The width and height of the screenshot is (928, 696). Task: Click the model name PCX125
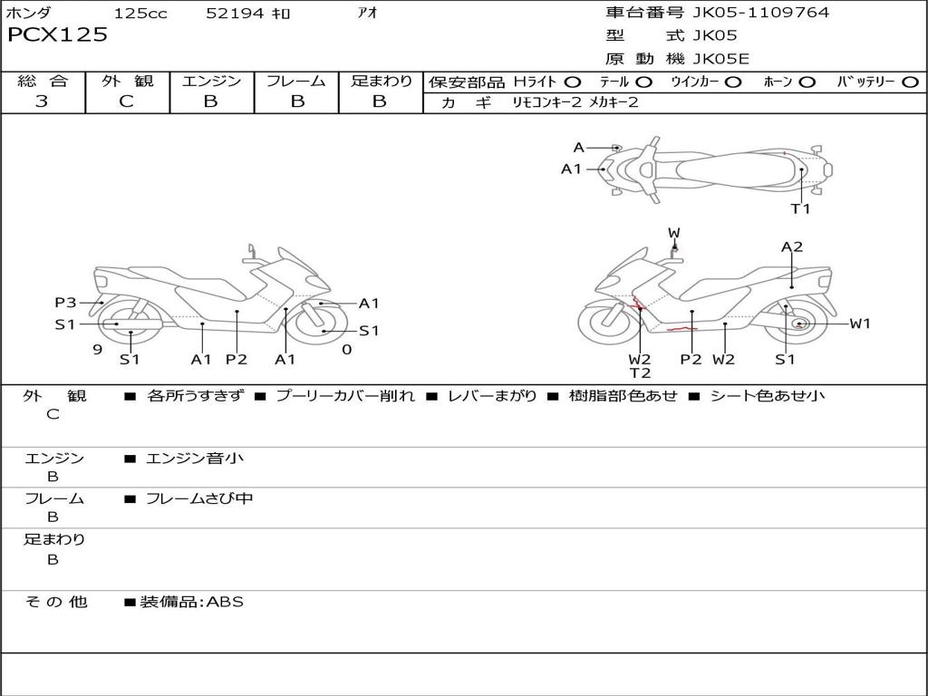(57, 35)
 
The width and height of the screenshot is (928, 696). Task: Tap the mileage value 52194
(235, 14)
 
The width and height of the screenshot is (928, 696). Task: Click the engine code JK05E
(721, 60)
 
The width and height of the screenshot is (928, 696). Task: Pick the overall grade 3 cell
(42, 101)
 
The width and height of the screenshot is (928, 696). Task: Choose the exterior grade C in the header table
(126, 101)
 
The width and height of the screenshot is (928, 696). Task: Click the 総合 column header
(43, 81)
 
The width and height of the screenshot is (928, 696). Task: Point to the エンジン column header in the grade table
(211, 81)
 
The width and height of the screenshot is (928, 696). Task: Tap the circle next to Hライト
(573, 82)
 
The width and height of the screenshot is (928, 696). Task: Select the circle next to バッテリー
(910, 82)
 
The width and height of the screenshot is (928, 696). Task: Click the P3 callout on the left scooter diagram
(64, 303)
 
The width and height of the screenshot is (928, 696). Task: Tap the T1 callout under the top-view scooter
(800, 208)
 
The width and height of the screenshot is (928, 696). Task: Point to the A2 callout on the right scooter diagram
(792, 246)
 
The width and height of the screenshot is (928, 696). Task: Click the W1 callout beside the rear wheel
(859, 324)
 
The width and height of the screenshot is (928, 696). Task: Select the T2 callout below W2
(640, 372)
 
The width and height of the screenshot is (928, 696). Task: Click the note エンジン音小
(195, 459)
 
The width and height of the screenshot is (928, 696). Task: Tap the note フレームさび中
(199, 498)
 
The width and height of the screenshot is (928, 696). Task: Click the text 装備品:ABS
(191, 602)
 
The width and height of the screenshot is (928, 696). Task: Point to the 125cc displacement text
(140, 14)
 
